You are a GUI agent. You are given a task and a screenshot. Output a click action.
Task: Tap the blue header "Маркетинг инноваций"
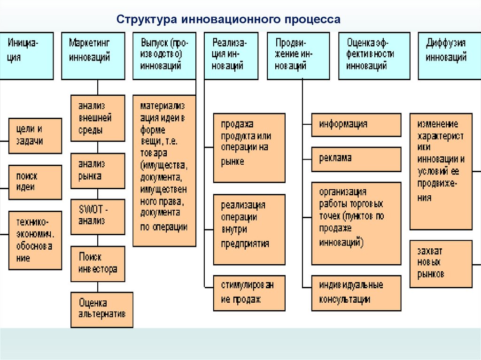(93, 55)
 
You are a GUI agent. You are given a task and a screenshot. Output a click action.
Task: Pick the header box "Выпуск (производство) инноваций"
(164, 55)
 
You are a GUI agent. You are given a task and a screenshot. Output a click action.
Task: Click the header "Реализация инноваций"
(231, 55)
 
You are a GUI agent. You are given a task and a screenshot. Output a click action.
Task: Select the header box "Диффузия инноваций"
(449, 55)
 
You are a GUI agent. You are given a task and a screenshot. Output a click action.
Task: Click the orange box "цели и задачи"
(35, 136)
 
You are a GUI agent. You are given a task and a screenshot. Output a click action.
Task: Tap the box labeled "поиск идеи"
(35, 182)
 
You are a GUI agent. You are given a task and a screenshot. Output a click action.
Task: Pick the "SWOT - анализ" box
(98, 216)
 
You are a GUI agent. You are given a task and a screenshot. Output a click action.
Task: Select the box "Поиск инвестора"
(98, 263)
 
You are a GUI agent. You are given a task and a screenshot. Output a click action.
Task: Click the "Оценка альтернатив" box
(101, 309)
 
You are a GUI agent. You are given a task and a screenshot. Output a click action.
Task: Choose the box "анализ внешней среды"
(98, 118)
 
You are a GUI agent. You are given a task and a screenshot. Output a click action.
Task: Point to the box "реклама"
(356, 159)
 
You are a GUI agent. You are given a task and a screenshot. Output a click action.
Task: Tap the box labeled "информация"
(356, 125)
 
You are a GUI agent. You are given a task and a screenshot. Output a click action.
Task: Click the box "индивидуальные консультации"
(356, 292)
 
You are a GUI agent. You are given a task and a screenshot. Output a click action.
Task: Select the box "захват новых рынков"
(441, 263)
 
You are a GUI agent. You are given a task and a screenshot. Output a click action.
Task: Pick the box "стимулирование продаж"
(249, 292)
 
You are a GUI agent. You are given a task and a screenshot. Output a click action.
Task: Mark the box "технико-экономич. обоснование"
(35, 240)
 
